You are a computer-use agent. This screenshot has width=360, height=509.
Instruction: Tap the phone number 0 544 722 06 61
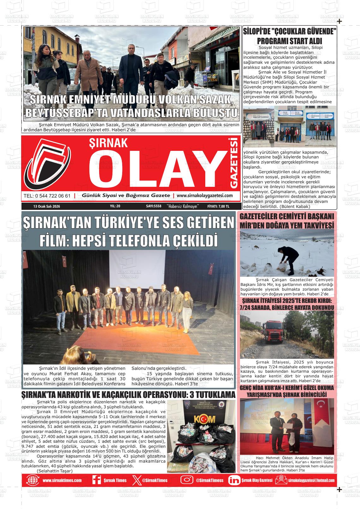(47, 196)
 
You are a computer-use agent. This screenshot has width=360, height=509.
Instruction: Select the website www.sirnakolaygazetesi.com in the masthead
(205, 196)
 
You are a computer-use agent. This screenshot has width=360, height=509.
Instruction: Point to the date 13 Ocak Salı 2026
(46, 206)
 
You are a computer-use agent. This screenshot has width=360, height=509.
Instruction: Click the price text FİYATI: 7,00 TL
(218, 206)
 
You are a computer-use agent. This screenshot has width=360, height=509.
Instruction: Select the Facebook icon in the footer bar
(96, 480)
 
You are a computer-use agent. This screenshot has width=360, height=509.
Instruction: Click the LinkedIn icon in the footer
(234, 480)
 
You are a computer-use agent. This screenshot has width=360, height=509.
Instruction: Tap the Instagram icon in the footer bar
(187, 480)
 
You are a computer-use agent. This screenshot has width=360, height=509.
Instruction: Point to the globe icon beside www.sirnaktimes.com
(33, 480)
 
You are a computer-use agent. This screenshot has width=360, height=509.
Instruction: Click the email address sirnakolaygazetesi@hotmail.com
(311, 480)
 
